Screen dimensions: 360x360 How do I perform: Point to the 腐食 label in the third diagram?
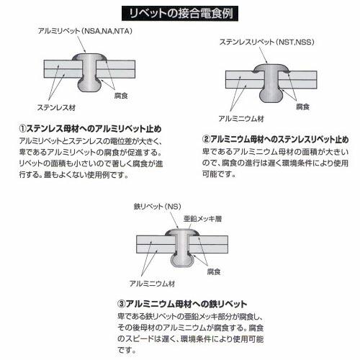(x=212, y=271)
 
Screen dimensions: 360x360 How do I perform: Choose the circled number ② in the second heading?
(x=207, y=138)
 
